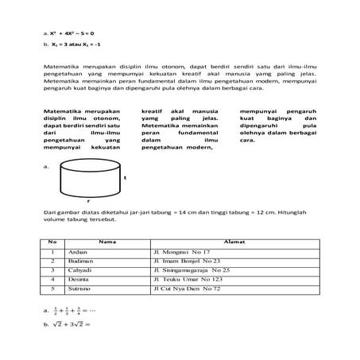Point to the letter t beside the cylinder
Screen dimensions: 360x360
(x=125, y=177)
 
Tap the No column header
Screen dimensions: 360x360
(x=52, y=241)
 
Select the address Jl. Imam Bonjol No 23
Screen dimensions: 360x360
(x=191, y=261)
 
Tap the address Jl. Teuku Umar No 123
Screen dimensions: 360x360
(x=192, y=280)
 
